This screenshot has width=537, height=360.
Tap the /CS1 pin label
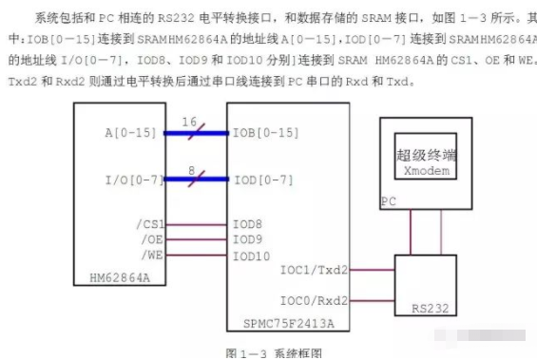pos(149,225)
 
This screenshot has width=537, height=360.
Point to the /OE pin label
pos(152,240)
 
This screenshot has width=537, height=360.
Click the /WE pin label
pos(152,256)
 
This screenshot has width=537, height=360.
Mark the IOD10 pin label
pos(251,256)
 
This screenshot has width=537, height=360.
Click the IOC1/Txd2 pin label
pos(314,270)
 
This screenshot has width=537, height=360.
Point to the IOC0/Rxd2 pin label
pos(314,300)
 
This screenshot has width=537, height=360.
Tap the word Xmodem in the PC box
pos(425,173)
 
